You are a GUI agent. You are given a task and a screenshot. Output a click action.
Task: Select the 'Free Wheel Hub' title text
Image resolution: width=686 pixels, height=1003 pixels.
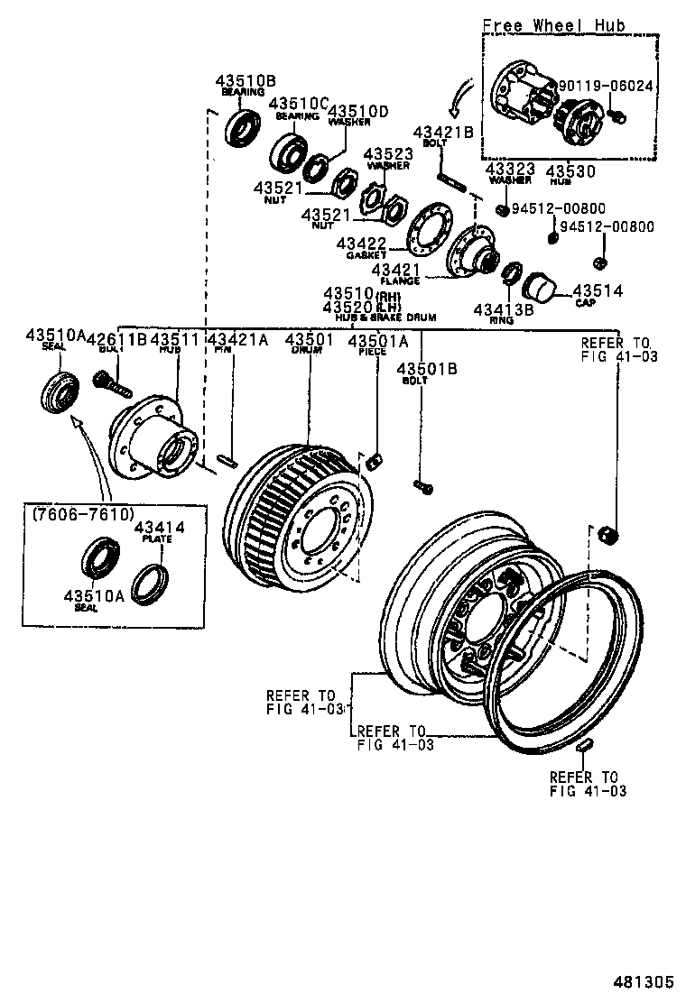552,25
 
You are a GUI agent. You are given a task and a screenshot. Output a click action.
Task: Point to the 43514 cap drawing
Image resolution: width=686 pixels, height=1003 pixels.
542,288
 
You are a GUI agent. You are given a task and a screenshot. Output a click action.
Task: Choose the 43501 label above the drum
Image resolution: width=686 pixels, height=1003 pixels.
309,340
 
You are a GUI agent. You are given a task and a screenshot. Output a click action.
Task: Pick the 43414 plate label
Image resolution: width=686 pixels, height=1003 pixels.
159,527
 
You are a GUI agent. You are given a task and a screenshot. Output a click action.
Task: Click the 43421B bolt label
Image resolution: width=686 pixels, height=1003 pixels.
443,133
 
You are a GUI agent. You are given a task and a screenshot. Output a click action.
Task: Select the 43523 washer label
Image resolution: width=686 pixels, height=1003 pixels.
389,154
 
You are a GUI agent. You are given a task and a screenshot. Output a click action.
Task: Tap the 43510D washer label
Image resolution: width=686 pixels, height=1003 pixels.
357,112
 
